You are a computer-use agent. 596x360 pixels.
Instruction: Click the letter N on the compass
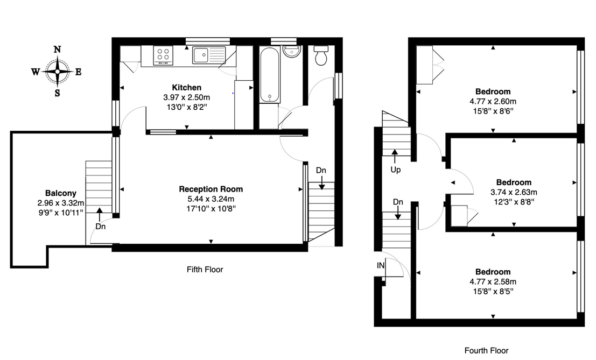[x=58, y=50]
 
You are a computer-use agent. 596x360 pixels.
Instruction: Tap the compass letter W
[x=36, y=72]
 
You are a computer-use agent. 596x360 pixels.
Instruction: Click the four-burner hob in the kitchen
[x=163, y=55]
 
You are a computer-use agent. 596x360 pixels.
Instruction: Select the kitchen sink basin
[x=201, y=55]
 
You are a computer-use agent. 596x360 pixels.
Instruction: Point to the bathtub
[x=270, y=74]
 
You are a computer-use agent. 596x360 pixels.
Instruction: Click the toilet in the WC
[x=321, y=55]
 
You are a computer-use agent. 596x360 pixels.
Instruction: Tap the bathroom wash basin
[x=291, y=52]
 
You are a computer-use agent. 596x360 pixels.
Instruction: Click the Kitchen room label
[x=187, y=88]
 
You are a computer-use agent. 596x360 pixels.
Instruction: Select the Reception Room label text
[x=211, y=189]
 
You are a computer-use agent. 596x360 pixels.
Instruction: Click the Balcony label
[x=61, y=193]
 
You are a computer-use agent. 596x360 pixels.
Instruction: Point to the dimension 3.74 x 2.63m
[x=514, y=192]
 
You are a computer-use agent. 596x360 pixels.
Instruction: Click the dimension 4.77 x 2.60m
[x=493, y=101]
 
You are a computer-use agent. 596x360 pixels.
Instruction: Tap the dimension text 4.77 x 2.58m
[x=493, y=282]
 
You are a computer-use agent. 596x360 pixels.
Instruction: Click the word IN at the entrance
[x=381, y=266]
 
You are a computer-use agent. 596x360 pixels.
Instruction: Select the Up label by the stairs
[x=396, y=170]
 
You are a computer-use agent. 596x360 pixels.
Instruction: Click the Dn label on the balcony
[x=100, y=227]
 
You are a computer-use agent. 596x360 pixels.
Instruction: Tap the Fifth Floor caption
[x=205, y=270]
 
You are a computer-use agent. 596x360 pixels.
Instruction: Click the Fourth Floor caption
[x=487, y=350]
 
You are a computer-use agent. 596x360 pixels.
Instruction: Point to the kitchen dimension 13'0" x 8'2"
[x=187, y=107]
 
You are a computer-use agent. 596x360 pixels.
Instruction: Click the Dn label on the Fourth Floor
[x=398, y=202]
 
